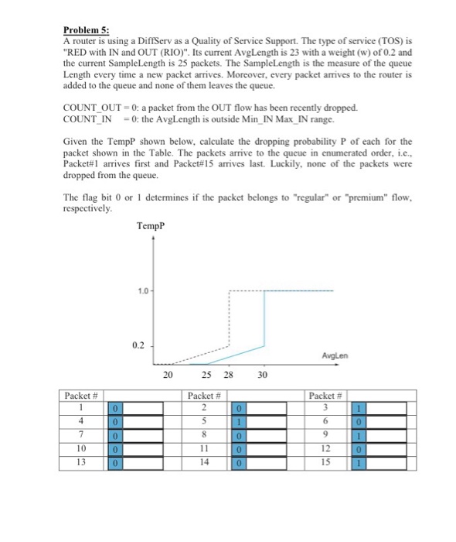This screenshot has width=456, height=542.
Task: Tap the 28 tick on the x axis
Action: point(227,375)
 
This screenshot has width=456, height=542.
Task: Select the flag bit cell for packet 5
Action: point(240,421)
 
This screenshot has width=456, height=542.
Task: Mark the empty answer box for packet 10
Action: point(145,449)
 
